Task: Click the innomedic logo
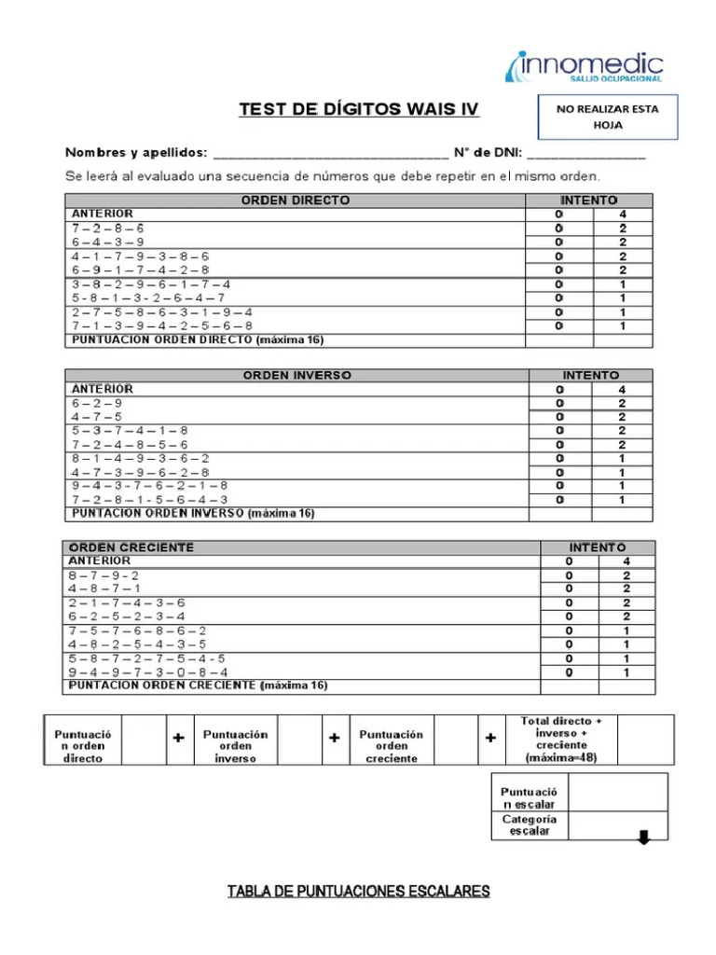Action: [585, 67]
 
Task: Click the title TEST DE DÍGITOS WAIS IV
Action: [359, 110]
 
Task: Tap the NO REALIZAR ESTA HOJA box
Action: [607, 116]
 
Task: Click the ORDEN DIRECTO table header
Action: [296, 201]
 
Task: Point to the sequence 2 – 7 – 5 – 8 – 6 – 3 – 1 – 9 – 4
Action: [161, 312]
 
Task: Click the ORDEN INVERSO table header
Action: [297, 375]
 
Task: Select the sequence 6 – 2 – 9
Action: [95, 403]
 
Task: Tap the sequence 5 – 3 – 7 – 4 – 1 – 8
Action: [129, 431]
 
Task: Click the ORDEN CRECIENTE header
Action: [131, 547]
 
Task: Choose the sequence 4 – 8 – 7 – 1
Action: [104, 588]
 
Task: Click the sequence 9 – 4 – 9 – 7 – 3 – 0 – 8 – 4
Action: [147, 671]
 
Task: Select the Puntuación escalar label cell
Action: [529, 796]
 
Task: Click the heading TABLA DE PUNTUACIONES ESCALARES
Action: [359, 892]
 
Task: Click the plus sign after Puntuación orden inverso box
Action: [334, 739]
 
